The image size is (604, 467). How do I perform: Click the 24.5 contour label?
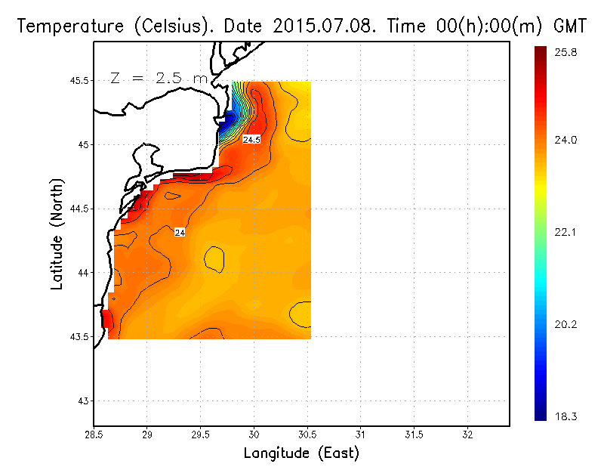[251, 140]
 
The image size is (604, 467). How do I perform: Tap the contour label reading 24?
[180, 233]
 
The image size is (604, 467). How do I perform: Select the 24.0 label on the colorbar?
[566, 140]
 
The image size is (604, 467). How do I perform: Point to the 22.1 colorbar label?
[566, 232]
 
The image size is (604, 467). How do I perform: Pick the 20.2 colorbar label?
[566, 325]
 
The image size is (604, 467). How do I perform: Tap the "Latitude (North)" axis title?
[57, 234]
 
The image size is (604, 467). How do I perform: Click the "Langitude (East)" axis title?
[301, 453]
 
